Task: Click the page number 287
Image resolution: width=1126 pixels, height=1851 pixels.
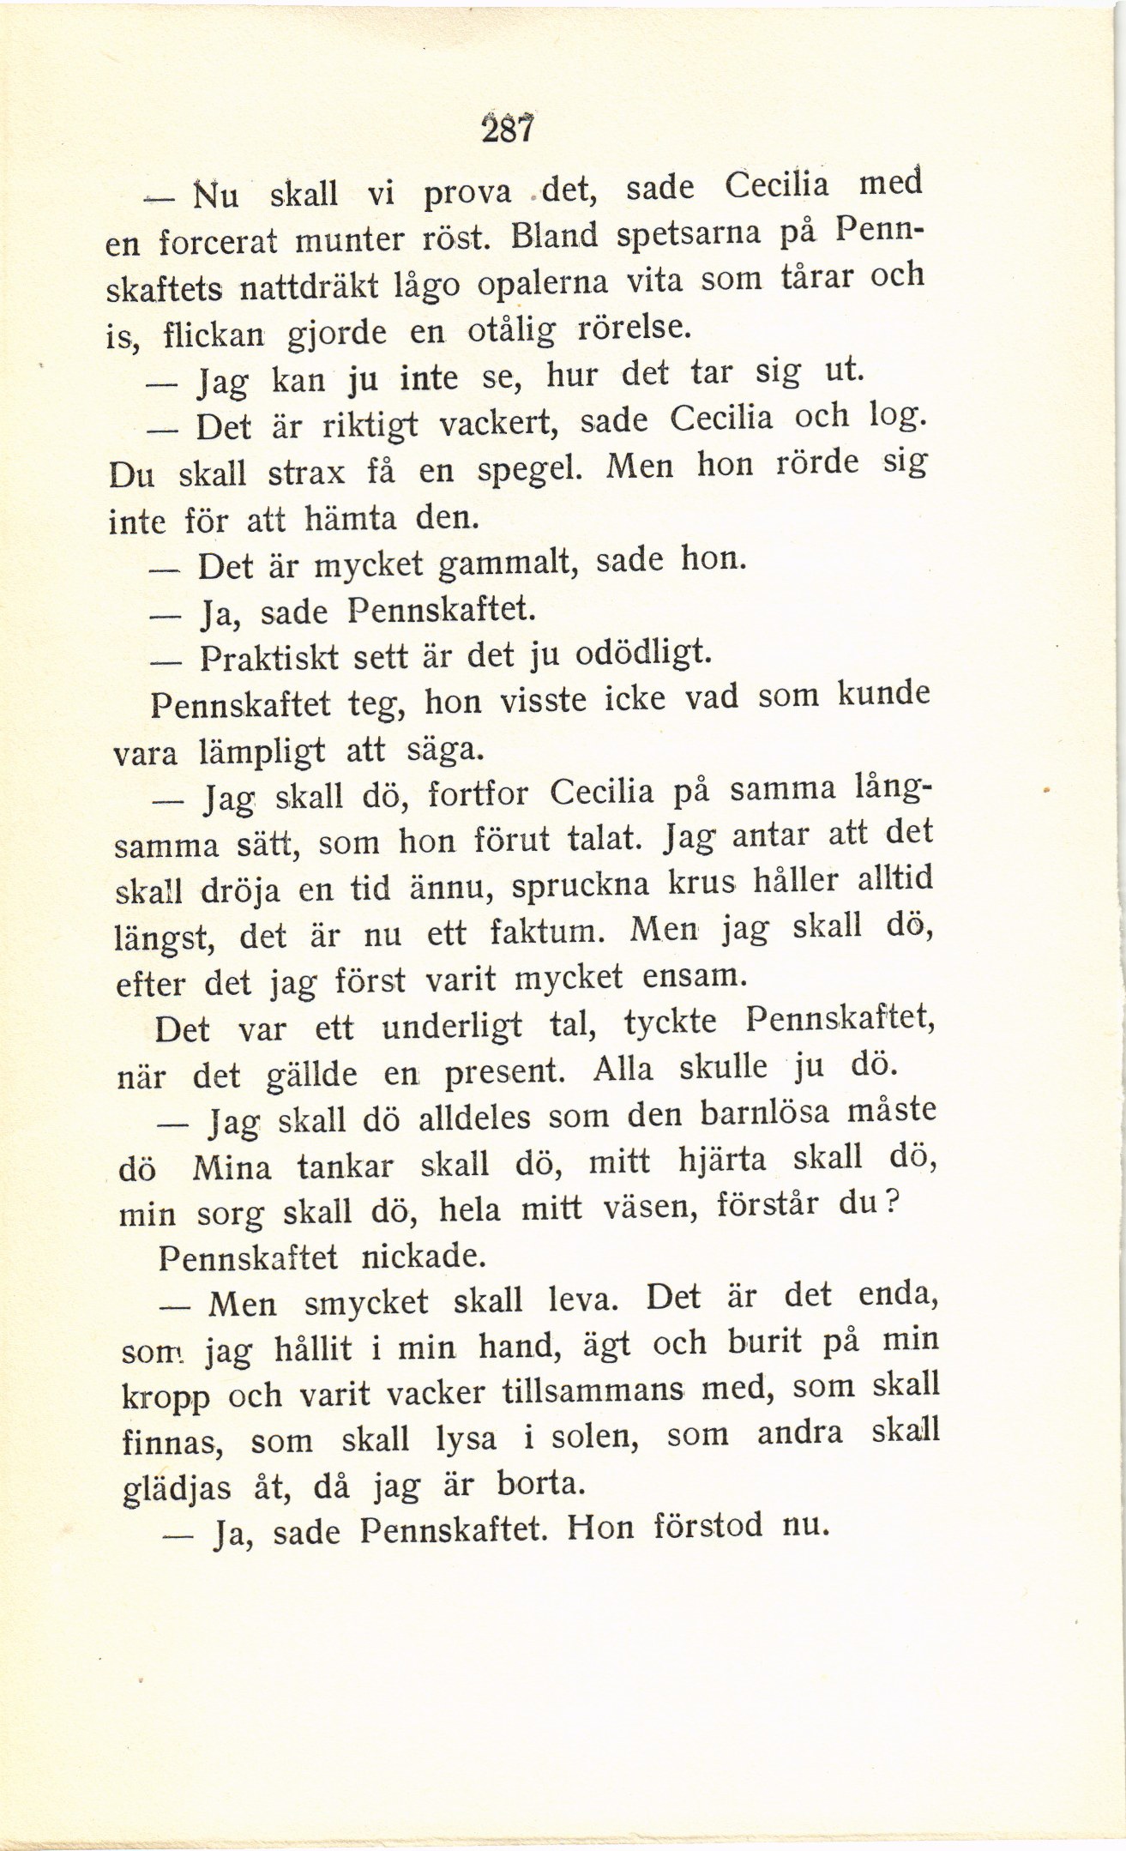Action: [x=509, y=129]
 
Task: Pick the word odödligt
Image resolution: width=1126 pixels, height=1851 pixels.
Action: [x=642, y=654]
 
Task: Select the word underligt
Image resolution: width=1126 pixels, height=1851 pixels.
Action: [x=452, y=1027]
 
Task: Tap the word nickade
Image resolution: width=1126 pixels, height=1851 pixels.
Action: [x=425, y=1257]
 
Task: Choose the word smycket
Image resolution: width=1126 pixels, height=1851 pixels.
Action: [x=366, y=1303]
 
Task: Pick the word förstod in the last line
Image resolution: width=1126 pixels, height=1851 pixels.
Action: [x=708, y=1526]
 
